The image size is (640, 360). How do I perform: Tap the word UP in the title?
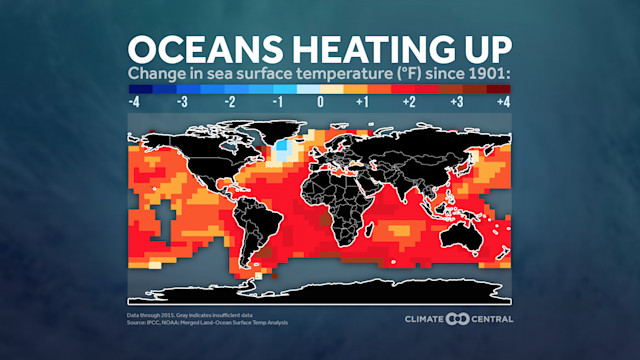[x=481, y=49]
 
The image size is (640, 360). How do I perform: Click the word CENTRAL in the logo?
[x=488, y=319]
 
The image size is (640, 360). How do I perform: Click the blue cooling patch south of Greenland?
[x=286, y=152]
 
